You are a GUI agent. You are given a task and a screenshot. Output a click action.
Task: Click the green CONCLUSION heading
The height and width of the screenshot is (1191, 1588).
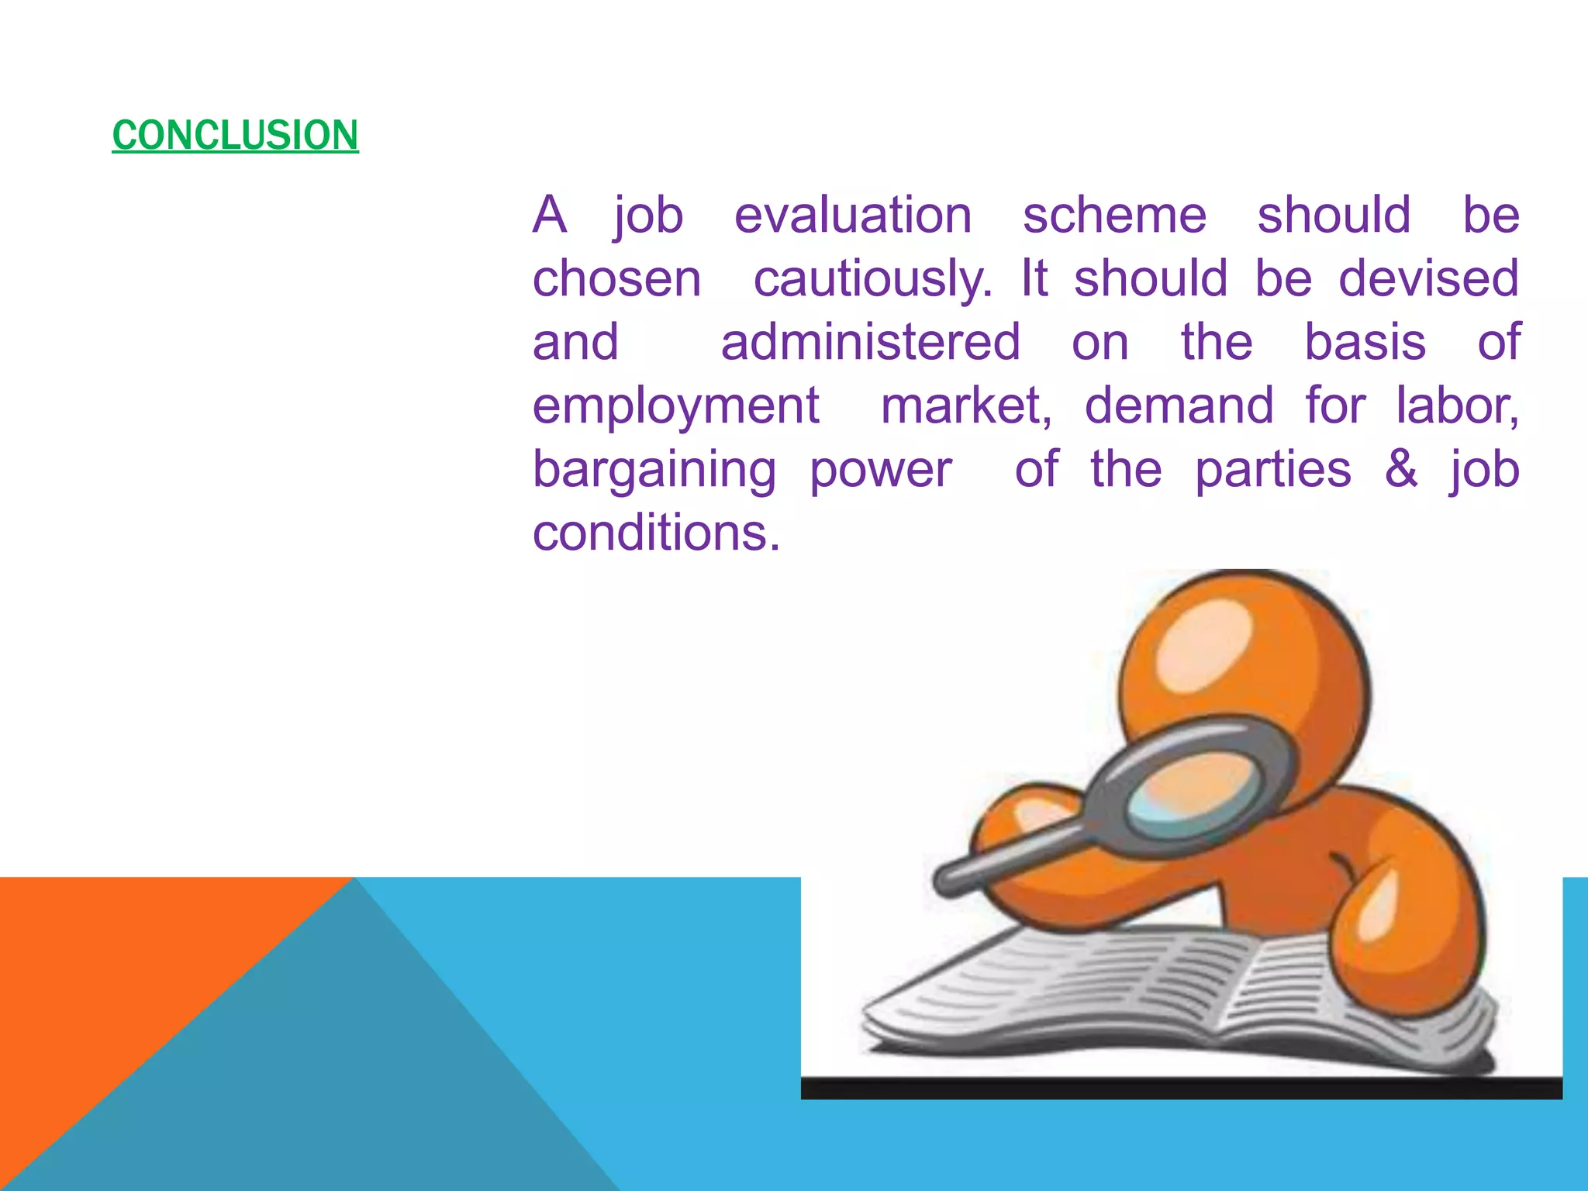click(x=235, y=135)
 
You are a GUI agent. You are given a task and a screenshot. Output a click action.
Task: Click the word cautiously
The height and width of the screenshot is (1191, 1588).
click(x=872, y=279)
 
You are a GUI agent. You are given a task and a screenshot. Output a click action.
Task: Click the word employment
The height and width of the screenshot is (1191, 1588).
click(x=675, y=406)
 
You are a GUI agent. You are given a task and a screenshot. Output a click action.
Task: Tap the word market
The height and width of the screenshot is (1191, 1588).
click(x=966, y=406)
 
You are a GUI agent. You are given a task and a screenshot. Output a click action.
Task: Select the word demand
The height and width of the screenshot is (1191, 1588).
click(x=1179, y=406)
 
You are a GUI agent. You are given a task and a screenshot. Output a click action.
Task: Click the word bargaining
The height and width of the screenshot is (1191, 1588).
click(x=654, y=471)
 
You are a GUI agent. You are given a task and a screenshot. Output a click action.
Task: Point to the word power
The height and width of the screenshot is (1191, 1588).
click(x=880, y=471)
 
